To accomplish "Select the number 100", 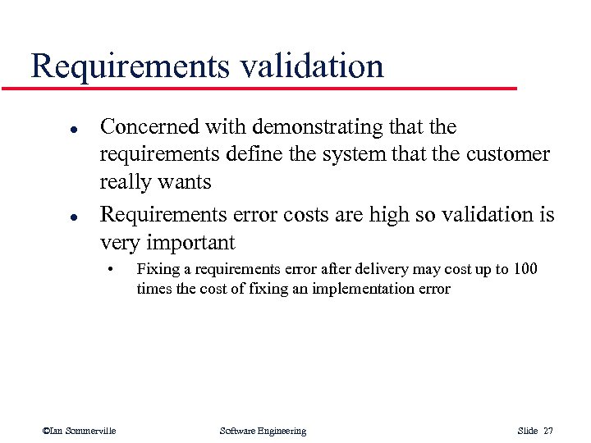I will (x=525, y=269).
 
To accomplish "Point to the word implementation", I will (x=369, y=289).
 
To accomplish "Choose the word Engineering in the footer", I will (x=278, y=431).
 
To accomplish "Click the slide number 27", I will (x=547, y=431).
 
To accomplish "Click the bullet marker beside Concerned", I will (x=50, y=130).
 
